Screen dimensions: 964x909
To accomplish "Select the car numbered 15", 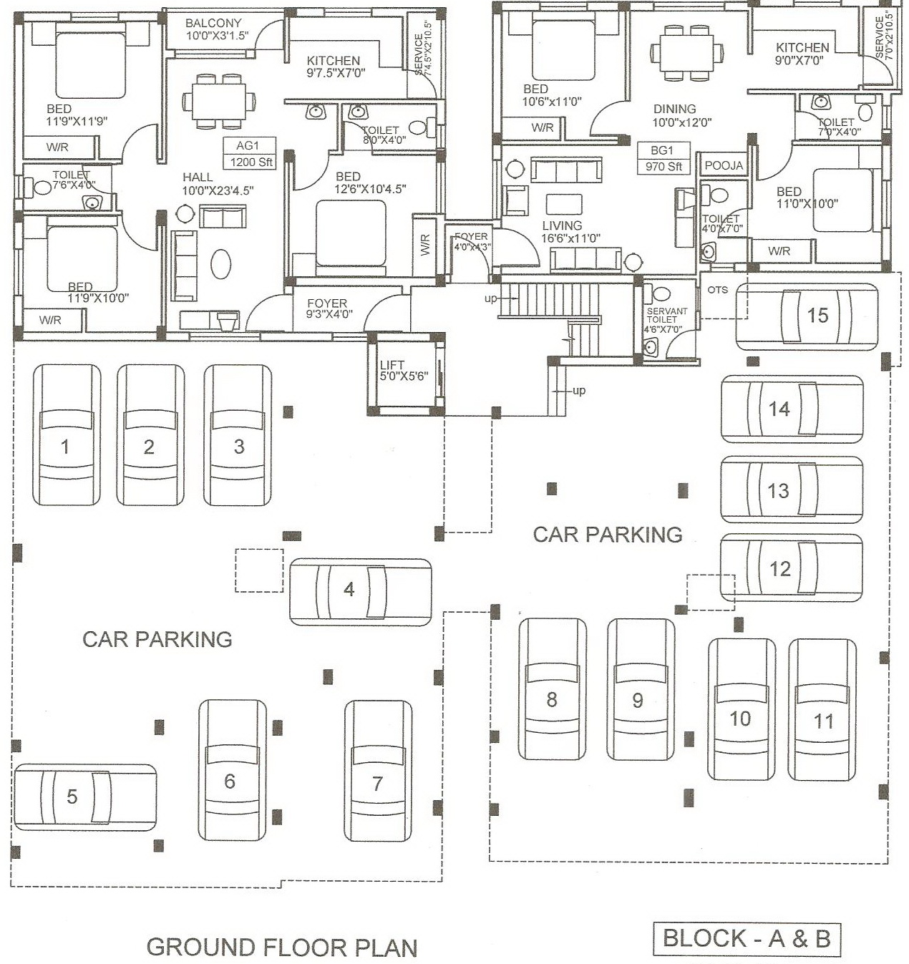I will [x=807, y=316].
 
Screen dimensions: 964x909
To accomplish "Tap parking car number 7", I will [x=378, y=770].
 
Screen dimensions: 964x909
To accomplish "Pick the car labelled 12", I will [x=791, y=568].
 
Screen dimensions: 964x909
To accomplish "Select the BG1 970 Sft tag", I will [x=663, y=159].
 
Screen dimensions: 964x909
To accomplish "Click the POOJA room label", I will [x=724, y=165].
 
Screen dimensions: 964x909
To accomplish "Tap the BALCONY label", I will [x=213, y=29].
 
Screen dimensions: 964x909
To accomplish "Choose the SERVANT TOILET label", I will [x=666, y=320].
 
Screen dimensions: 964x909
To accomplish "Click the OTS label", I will [x=717, y=290].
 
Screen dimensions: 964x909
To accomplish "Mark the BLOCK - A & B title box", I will [x=747, y=939].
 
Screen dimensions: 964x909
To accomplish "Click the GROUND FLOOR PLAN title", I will [x=282, y=947].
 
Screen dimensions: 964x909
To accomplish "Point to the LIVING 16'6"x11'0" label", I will [x=570, y=231].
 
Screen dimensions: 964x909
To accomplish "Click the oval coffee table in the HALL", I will [x=221, y=263].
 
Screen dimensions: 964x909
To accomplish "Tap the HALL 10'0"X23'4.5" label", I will [x=218, y=183].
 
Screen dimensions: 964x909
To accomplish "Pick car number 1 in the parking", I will [x=67, y=434].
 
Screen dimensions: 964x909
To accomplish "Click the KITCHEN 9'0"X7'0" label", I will [x=802, y=54].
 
